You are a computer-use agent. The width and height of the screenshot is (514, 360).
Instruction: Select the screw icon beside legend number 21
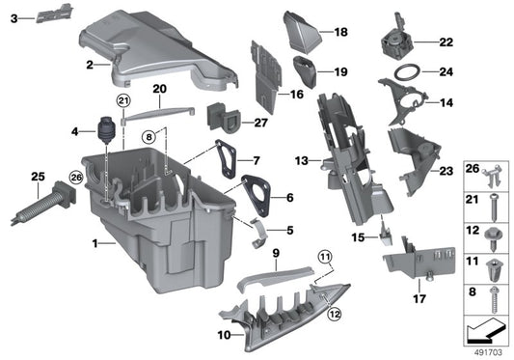click(496, 202)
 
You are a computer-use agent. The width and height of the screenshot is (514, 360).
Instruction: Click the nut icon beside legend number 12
click(496, 232)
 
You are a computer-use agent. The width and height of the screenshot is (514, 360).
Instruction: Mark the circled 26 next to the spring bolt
click(49, 176)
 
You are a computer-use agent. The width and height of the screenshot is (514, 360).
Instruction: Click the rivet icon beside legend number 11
click(496, 260)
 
